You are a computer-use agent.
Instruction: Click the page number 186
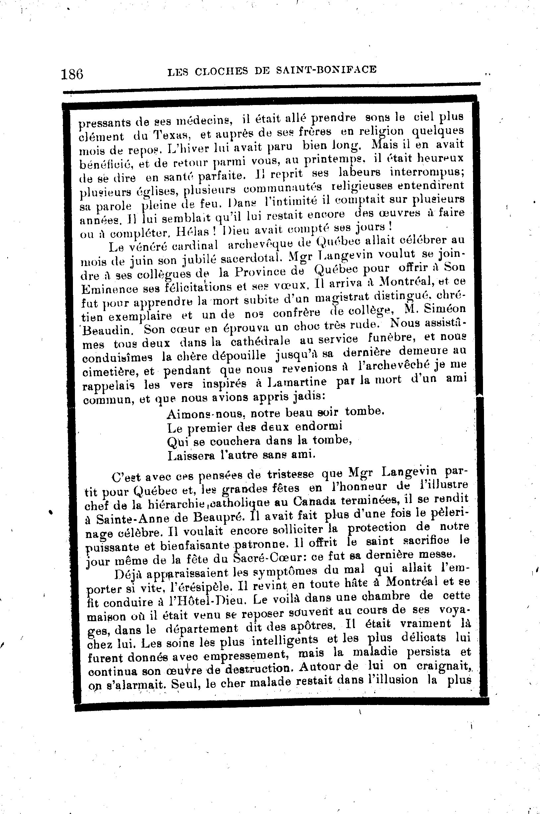point(72,74)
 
